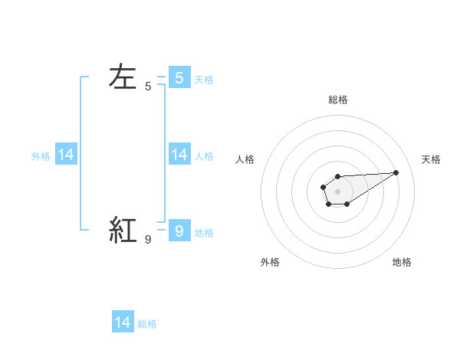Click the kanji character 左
(123, 77)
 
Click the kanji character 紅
(123, 230)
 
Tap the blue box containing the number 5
(179, 78)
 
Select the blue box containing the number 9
(179, 231)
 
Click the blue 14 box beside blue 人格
(179, 155)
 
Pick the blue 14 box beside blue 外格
(66, 155)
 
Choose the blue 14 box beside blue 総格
(123, 322)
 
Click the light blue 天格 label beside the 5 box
(204, 79)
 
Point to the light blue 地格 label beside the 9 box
(204, 232)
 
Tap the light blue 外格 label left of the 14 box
(41, 156)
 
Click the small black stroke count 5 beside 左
(148, 87)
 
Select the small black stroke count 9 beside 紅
(148, 240)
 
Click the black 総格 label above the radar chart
(337, 100)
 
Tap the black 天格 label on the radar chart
(432, 159)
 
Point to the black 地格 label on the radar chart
(402, 262)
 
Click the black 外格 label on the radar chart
(270, 262)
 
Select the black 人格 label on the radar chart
(245, 159)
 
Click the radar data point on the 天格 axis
(396, 172)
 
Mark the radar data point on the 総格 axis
(337, 176)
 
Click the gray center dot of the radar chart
(337, 191)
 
